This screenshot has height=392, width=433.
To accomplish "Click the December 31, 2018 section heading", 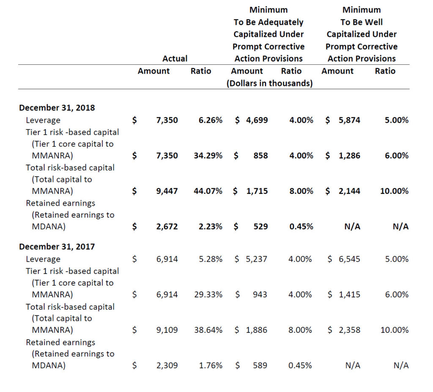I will click(57, 108).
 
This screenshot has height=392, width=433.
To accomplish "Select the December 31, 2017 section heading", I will click(57, 246).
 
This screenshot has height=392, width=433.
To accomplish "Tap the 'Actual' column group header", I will click(175, 58).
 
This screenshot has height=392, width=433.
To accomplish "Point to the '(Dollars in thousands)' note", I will click(270, 83).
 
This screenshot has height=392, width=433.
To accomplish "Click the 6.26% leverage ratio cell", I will click(210, 120).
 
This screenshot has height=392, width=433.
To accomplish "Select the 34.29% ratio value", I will click(208, 156).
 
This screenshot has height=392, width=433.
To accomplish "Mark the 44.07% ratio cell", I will click(208, 191).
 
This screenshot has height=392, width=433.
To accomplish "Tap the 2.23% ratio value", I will click(210, 226).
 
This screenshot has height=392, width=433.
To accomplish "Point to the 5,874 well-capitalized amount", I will click(349, 120).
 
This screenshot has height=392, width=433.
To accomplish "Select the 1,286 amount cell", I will click(349, 156).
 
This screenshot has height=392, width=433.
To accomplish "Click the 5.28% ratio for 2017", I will click(210, 259).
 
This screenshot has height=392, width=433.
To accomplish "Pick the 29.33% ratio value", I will click(208, 294).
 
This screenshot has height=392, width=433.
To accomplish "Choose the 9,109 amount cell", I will click(167, 330).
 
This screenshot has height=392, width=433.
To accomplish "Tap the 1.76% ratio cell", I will click(210, 365).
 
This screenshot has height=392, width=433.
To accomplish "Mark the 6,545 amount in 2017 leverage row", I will click(349, 259).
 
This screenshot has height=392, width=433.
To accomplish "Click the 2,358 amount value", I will click(349, 330).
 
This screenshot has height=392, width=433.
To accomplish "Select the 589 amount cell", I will click(260, 365).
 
